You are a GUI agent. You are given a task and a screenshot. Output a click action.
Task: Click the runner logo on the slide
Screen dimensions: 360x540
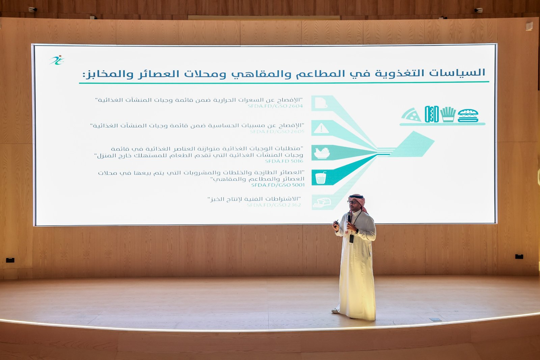point(57,60)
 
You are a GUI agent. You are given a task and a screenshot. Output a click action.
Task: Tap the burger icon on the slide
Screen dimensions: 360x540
point(468,115)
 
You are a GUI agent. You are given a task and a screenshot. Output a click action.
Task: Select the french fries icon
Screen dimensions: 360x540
point(448,114)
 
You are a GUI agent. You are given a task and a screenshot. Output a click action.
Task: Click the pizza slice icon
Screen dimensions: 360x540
point(411,115)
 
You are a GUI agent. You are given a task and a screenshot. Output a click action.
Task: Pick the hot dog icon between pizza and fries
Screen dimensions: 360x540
point(431,114)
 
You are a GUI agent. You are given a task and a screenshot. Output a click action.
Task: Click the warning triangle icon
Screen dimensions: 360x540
point(321,128)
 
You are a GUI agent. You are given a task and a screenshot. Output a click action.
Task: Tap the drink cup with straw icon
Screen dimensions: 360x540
point(320,178)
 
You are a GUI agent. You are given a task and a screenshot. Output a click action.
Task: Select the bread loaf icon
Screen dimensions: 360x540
point(322,202)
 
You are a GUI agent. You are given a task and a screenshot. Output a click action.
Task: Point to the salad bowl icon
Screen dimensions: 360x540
point(321,153)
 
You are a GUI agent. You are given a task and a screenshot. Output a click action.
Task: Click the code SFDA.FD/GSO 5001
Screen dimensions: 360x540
point(278,185)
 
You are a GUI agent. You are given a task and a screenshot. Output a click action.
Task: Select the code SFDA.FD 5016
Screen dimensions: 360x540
point(284,161)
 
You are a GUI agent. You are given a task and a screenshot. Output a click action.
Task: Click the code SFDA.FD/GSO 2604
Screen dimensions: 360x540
point(275,106)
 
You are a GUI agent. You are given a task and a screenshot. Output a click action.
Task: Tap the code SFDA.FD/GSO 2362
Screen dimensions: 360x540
point(274,205)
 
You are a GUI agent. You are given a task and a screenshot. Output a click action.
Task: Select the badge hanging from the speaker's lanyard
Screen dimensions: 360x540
point(351,239)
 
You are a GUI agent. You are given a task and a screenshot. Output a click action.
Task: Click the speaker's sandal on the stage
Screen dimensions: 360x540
point(335,311)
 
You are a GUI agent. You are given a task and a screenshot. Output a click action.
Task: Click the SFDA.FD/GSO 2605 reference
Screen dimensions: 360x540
point(277,131)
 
